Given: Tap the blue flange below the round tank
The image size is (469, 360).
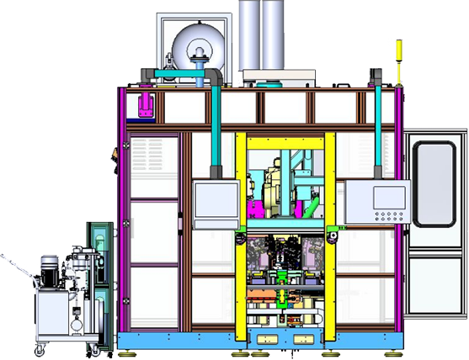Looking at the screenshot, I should pyautogui.click(x=199, y=67).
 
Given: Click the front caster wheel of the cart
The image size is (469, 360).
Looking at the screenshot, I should pyautogui.click(x=39, y=347).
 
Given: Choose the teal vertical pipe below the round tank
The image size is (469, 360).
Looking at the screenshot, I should pyautogui.click(x=215, y=126).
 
